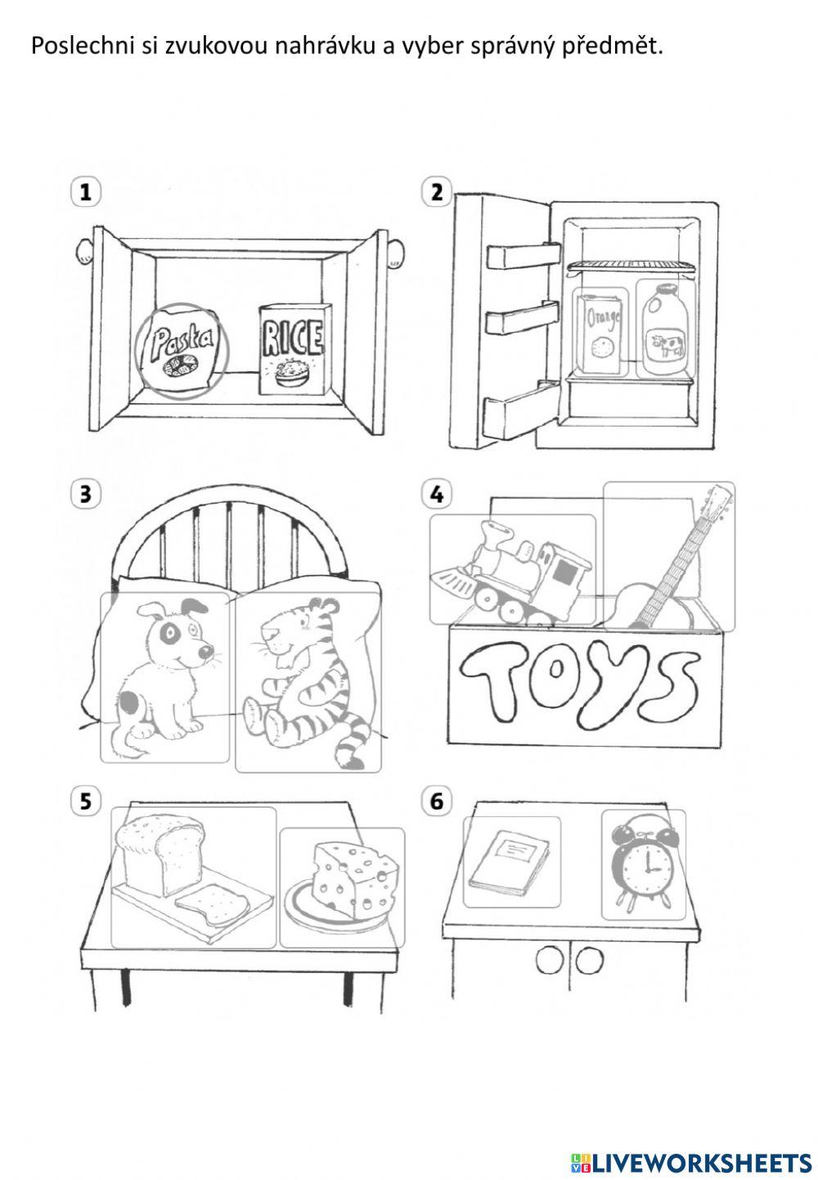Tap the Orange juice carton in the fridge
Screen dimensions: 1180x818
pos(600,334)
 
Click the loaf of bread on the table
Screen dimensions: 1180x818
pos(160,855)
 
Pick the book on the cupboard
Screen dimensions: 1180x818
pos(510,863)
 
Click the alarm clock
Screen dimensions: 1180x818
pos(643,865)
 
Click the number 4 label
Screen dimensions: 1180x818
pos(436,494)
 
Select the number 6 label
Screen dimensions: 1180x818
pos(436,801)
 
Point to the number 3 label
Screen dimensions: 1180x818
pos(84,494)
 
